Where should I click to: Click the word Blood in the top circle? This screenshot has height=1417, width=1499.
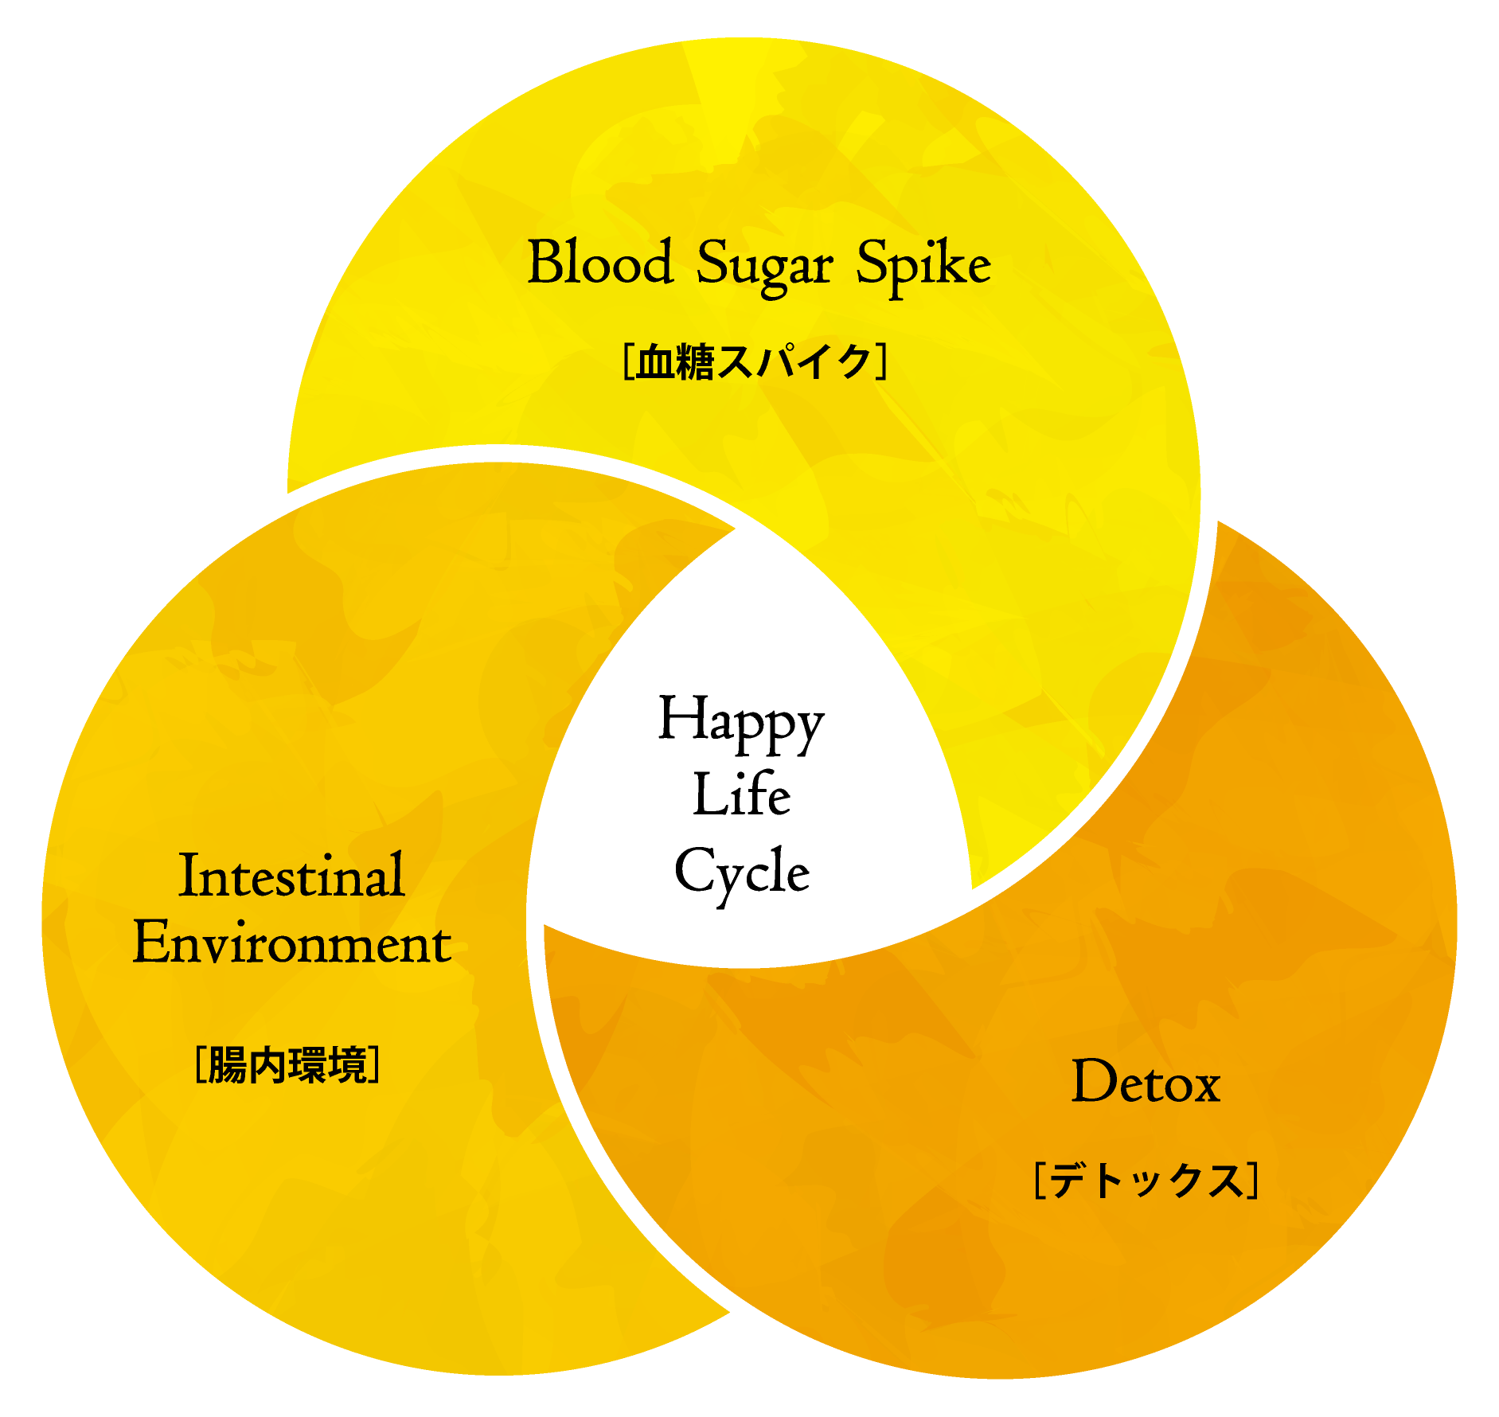(x=601, y=262)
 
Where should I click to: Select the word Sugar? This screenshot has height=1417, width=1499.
(x=764, y=267)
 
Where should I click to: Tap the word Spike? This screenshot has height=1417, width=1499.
(x=923, y=264)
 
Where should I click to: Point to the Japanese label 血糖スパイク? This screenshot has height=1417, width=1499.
(x=755, y=362)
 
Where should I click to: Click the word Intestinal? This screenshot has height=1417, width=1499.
(x=292, y=876)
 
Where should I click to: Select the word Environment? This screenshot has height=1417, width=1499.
(x=292, y=943)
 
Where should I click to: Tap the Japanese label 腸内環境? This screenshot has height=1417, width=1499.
(x=287, y=1065)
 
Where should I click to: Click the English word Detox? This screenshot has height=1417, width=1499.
(x=1146, y=1082)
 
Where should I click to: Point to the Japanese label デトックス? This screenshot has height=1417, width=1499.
(x=1146, y=1181)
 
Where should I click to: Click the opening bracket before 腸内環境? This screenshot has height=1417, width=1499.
(x=200, y=1065)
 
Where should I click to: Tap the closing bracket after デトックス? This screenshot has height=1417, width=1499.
(x=1253, y=1181)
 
